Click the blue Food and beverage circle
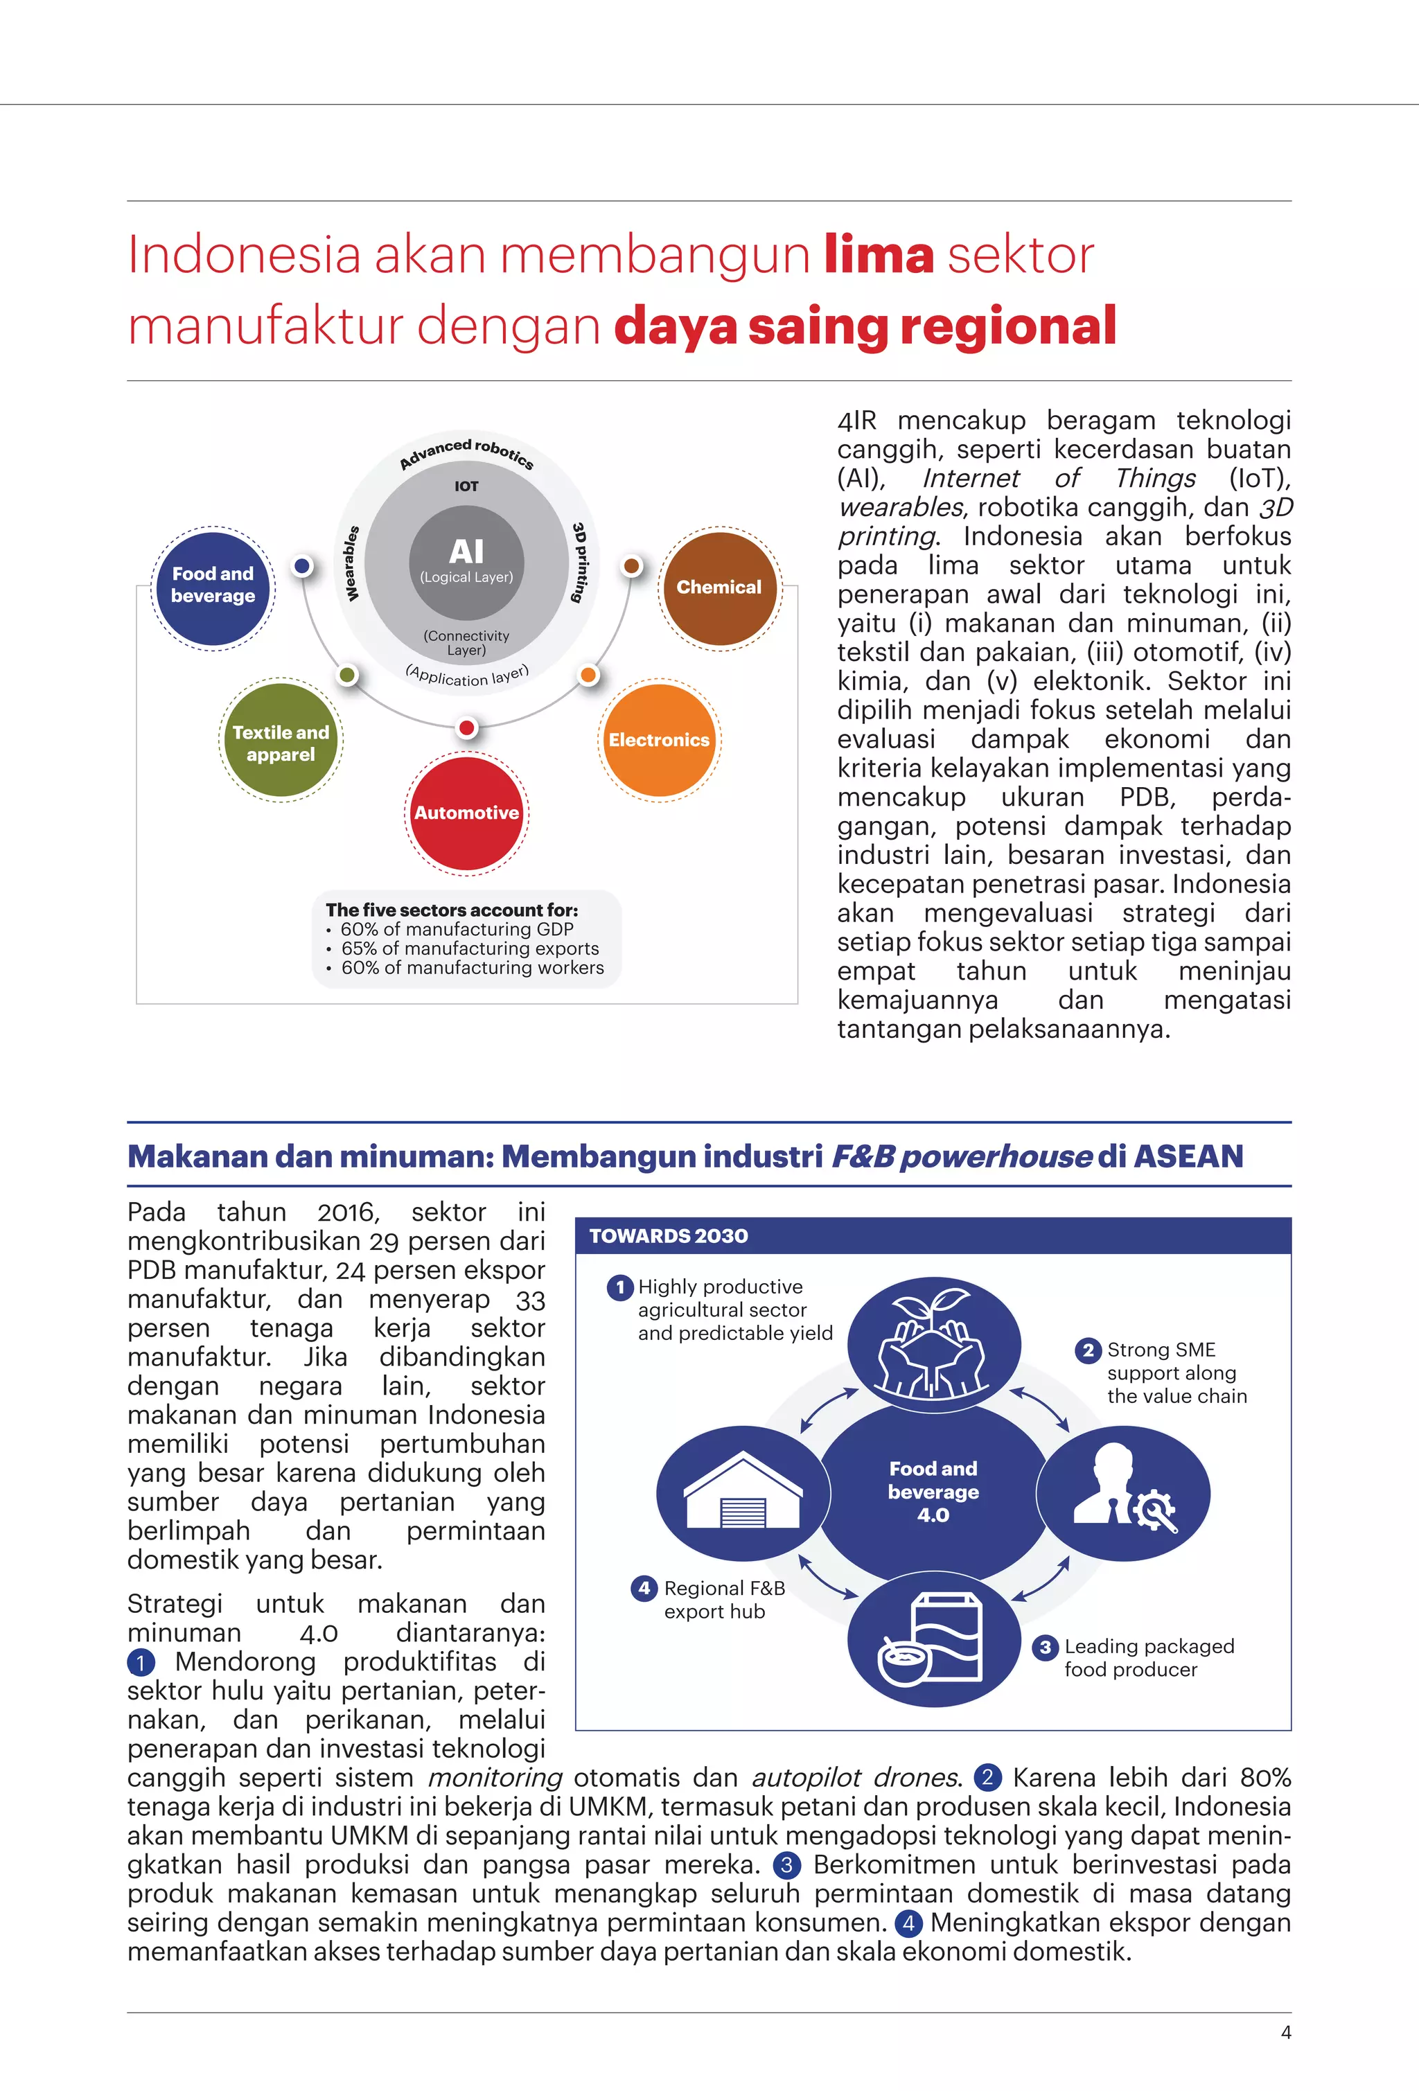[x=212, y=587]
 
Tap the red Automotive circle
[x=466, y=813]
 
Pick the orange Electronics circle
[x=659, y=739]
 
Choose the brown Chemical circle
[x=719, y=587]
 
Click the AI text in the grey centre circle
[x=466, y=552]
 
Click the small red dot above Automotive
[x=466, y=727]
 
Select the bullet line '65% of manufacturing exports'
[x=469, y=949]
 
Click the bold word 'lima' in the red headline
[x=879, y=255]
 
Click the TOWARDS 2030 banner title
[x=669, y=1235]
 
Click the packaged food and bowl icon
[x=933, y=1642]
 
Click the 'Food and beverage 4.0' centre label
[x=933, y=1492]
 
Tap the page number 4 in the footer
[x=1286, y=2033]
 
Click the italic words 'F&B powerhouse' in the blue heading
[x=961, y=1156]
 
